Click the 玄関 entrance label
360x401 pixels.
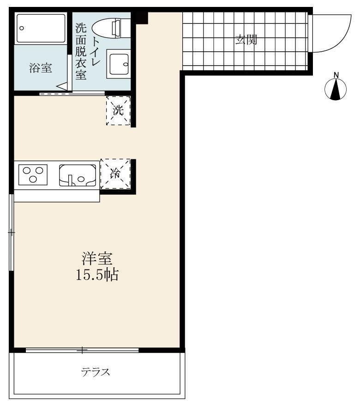(246, 40)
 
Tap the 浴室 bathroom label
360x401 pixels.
(41, 68)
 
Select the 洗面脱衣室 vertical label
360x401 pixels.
(81, 52)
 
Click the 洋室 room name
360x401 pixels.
(97, 258)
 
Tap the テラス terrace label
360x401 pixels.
(96, 372)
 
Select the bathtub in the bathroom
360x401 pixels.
(41, 28)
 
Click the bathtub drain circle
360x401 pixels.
(22, 28)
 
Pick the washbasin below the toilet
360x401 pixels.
(118, 64)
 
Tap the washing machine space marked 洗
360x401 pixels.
(118, 110)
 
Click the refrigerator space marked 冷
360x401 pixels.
(115, 174)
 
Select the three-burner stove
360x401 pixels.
(33, 175)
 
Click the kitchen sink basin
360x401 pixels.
(78, 175)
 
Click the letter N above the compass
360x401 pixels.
(336, 75)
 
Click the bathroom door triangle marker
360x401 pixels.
(62, 86)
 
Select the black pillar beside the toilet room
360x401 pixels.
(142, 18)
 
